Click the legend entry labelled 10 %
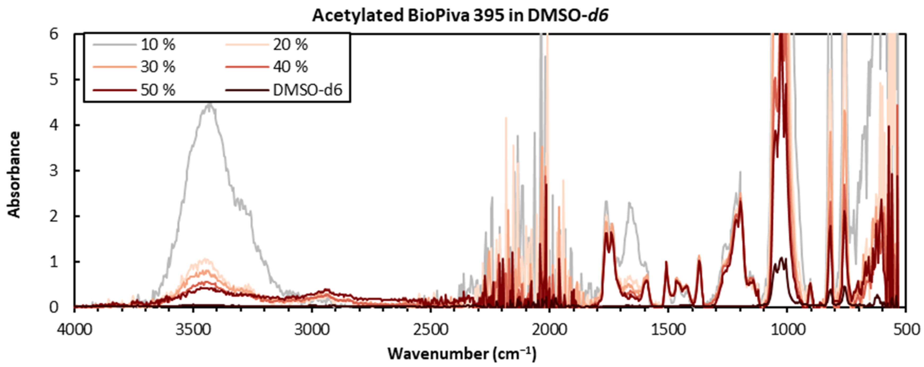158,45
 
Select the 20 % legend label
290,45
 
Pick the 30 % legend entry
158,67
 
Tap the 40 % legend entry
290,67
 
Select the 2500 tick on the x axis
430,329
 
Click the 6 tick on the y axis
54,34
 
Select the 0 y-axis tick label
54,307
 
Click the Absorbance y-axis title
14,174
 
